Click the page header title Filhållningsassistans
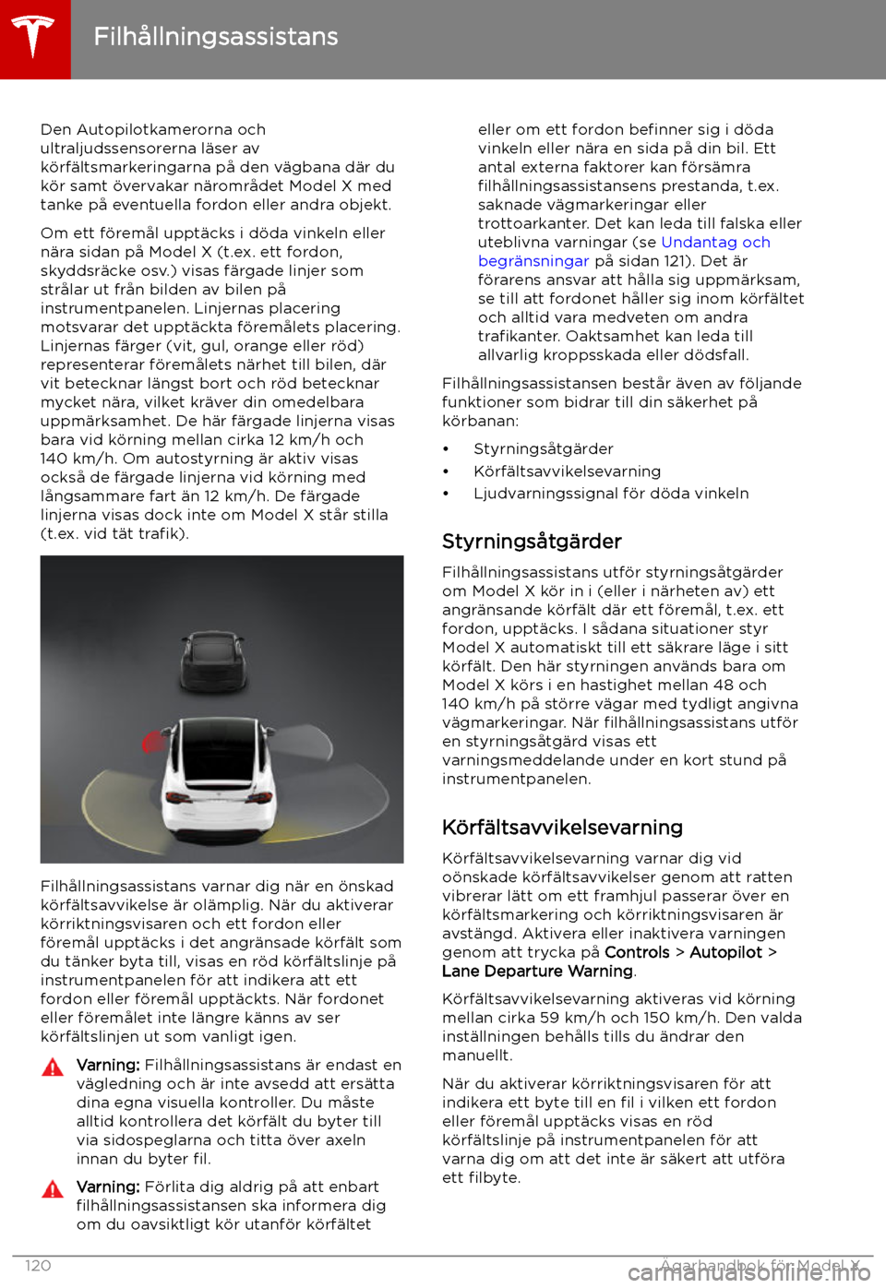tap(216, 37)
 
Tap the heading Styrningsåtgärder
tap(532, 542)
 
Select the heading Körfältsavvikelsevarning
tap(562, 828)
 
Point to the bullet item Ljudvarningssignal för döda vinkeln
tap(611, 494)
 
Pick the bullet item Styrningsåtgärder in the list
tap(543, 449)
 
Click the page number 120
tap(38, 1266)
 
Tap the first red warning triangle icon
tap(53, 1067)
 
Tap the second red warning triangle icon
tap(53, 1189)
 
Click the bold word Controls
tap(637, 952)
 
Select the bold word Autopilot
tap(726, 952)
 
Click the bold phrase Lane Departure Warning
tap(537, 972)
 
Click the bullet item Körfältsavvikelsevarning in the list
tap(567, 471)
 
